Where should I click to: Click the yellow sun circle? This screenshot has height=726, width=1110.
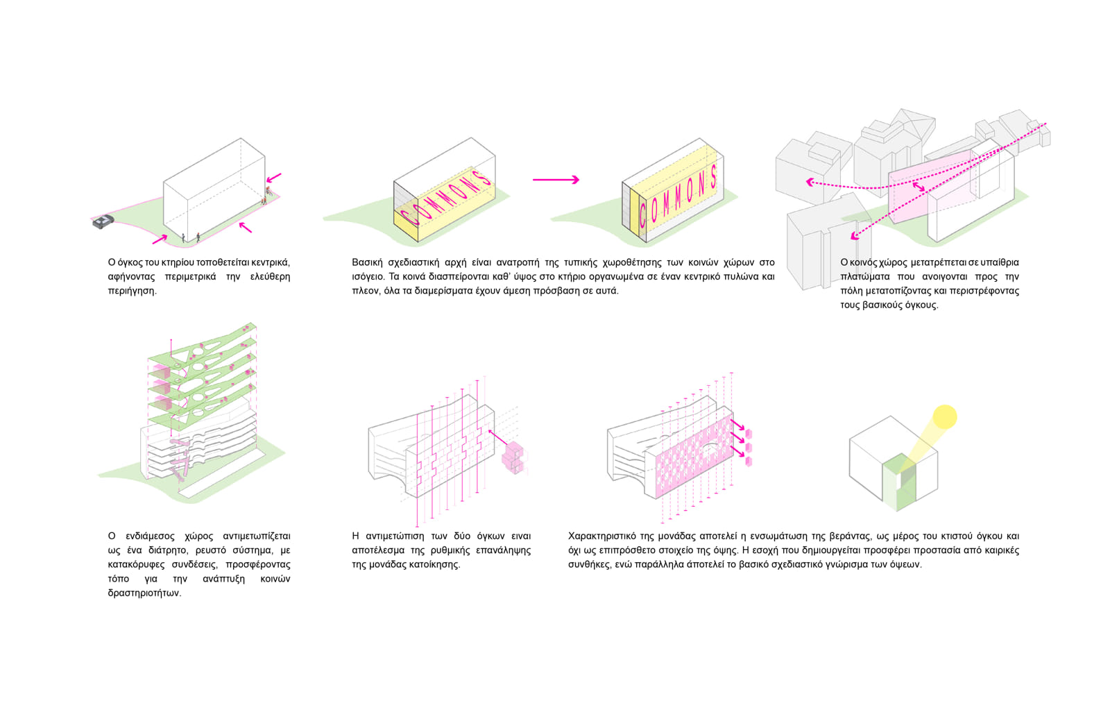pos(944,416)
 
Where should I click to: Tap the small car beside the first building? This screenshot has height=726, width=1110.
pos(103,221)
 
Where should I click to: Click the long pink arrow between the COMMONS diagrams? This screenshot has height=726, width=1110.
pos(556,180)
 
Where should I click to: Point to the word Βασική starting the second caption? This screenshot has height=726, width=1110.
pos(366,262)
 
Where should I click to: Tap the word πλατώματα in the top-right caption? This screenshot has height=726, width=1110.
pos(865,276)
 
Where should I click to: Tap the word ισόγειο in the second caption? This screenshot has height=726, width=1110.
pos(367,276)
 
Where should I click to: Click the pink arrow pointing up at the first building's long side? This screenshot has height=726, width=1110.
pos(245,227)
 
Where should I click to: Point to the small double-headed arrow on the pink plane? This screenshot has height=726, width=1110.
pos(919,187)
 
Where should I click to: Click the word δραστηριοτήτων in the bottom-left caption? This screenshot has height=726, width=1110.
pos(144,593)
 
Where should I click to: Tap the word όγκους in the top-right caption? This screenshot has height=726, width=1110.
pos(920,305)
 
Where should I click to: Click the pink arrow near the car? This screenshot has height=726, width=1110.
pos(160,239)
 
